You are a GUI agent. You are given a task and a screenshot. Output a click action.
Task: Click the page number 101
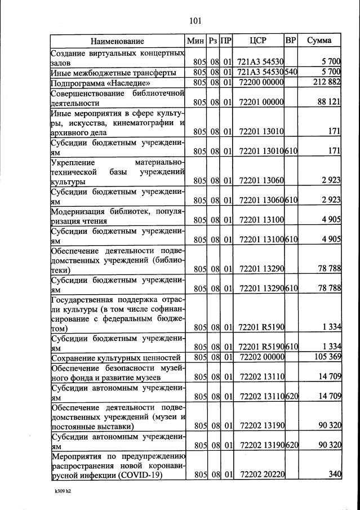195,21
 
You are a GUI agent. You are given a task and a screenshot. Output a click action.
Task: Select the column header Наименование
117,41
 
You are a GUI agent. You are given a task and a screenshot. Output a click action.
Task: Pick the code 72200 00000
260,83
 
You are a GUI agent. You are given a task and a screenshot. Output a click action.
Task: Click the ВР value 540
291,73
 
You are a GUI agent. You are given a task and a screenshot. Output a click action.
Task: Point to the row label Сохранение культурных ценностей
116,358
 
